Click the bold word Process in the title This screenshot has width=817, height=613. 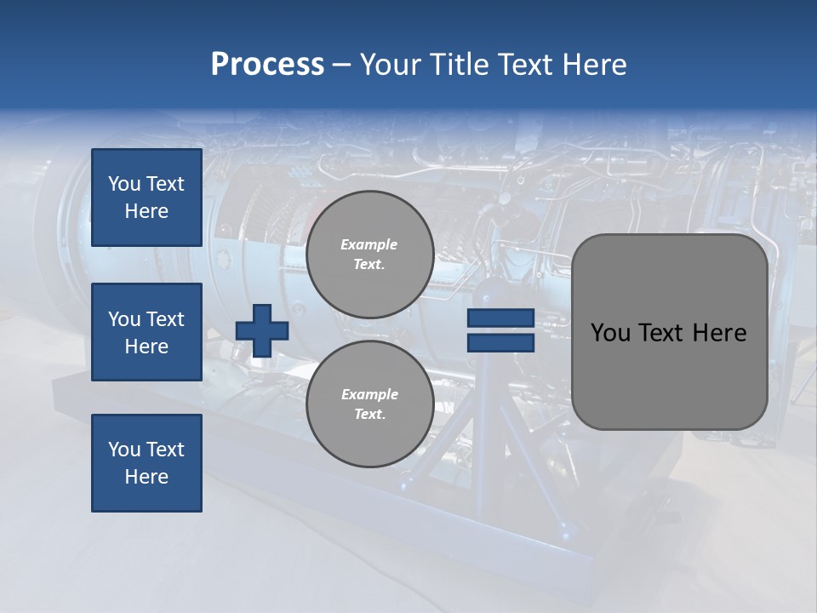pos(267,65)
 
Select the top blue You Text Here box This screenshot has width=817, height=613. pos(146,198)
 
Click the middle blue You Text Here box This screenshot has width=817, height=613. pos(146,332)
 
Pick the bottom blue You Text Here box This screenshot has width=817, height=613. pos(146,463)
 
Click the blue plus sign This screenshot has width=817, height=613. pos(262,330)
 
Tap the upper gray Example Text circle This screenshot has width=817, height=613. pos(369,255)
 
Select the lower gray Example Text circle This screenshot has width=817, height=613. pos(369,404)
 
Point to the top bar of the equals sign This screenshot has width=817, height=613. pos(500,318)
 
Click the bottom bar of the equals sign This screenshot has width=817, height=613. pos(500,342)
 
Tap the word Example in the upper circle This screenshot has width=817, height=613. pos(369,244)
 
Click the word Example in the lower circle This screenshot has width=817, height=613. pos(369,394)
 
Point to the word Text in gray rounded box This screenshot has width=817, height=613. pos(660,333)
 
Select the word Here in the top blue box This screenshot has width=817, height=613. pos(146,211)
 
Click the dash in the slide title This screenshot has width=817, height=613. pos(342,65)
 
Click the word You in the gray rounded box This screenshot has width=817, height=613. pos(609,333)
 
